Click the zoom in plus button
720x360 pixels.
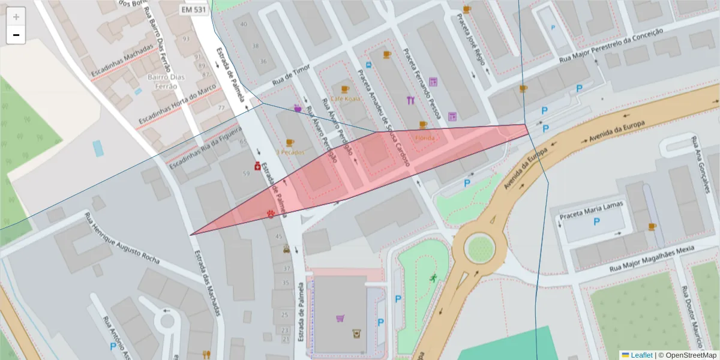click(x=16, y=17)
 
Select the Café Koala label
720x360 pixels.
click(x=345, y=98)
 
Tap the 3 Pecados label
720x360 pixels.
click(x=290, y=152)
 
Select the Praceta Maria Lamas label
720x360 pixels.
click(x=591, y=209)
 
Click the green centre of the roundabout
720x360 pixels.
click(x=479, y=248)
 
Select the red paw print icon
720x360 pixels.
click(x=271, y=214)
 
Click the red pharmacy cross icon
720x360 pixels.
click(x=256, y=165)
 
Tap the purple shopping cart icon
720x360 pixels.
click(x=340, y=318)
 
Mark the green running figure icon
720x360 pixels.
click(x=433, y=278)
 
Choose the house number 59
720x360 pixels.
click(x=246, y=173)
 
